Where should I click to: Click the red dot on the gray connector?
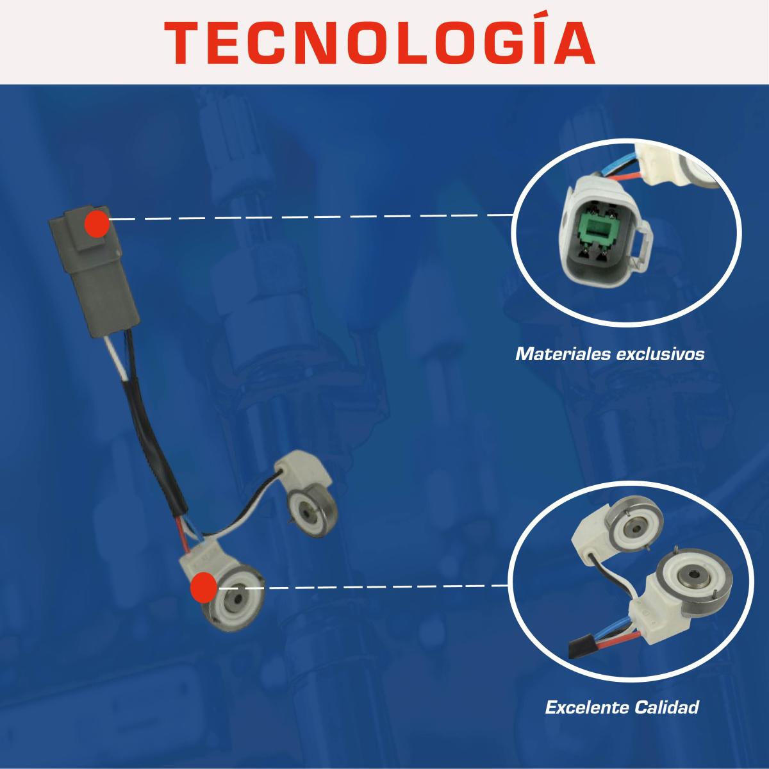click(97, 224)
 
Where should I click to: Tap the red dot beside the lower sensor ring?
click(204, 587)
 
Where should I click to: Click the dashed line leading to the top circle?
click(311, 217)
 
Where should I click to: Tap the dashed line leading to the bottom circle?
click(362, 586)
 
